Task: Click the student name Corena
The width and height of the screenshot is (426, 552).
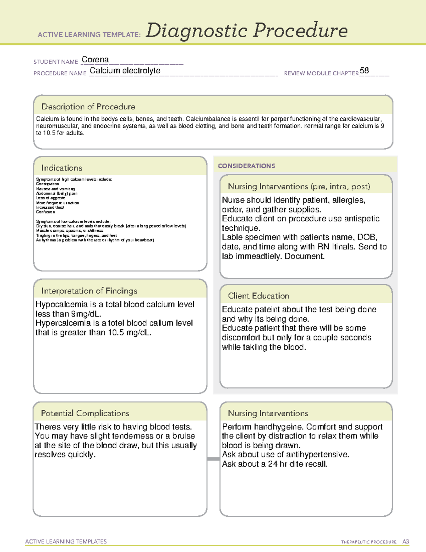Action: [x=95, y=60]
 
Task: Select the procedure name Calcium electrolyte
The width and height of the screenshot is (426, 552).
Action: [x=125, y=71]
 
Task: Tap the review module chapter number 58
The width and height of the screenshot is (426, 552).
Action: [x=364, y=70]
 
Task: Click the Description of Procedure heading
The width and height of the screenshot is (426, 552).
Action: [x=88, y=107]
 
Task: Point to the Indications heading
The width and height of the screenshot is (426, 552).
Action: [x=61, y=168]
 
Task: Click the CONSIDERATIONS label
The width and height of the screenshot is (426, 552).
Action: [x=246, y=166]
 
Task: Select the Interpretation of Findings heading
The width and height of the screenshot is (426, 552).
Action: [x=89, y=291]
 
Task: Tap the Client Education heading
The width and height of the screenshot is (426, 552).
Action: [x=258, y=296]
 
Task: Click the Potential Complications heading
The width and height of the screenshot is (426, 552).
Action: [x=85, y=413]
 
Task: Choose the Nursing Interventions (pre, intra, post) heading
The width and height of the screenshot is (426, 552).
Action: [x=299, y=187]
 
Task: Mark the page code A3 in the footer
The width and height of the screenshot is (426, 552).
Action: [x=405, y=542]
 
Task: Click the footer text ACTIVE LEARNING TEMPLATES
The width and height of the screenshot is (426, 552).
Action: [x=66, y=541]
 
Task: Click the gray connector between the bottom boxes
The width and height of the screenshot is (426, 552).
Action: [x=213, y=459]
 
